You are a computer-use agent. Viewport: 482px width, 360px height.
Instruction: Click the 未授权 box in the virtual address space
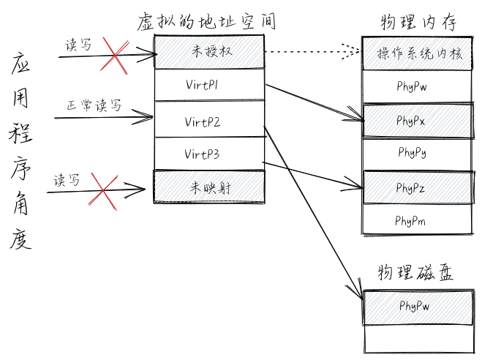tap(208, 53)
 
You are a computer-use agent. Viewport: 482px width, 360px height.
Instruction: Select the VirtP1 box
tap(208, 86)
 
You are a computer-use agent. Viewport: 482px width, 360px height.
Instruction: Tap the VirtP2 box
tap(208, 121)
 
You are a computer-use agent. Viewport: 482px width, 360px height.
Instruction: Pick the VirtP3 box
tap(208, 154)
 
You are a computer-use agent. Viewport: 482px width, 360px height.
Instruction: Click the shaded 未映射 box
tap(208, 187)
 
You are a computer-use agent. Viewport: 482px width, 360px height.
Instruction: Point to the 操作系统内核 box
tap(417, 54)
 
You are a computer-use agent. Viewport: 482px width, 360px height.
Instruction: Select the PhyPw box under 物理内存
tap(417, 86)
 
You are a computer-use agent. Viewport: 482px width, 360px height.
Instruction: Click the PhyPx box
tap(417, 120)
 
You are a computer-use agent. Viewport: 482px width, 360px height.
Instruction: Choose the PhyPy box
tap(417, 153)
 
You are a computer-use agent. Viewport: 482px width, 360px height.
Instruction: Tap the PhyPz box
tap(417, 187)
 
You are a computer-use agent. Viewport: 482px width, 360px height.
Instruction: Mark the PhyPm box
tap(417, 220)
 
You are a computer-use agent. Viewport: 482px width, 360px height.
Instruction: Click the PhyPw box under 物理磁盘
tap(417, 306)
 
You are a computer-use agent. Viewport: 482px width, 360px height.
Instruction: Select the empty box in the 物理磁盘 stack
tap(417, 338)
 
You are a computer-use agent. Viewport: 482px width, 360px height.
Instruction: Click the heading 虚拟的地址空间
tap(206, 21)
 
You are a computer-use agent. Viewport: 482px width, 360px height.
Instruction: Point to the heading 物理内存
tap(418, 23)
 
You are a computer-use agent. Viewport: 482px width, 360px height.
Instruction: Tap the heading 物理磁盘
tap(415, 274)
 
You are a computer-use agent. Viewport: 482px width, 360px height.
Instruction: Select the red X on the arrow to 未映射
tap(102, 191)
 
